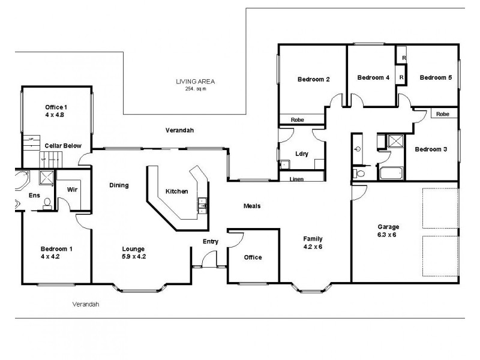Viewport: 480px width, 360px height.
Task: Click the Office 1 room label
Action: click(56, 106)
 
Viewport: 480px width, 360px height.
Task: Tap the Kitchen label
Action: click(177, 191)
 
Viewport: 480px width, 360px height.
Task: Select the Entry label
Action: click(210, 242)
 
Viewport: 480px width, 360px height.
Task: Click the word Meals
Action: click(251, 206)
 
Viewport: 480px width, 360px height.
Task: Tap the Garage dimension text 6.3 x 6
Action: click(388, 235)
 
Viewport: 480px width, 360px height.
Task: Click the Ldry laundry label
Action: click(301, 154)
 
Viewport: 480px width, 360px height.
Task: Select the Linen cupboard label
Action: click(296, 179)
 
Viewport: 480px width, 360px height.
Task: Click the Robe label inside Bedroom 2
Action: click(297, 120)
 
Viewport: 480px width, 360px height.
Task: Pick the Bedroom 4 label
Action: click(373, 77)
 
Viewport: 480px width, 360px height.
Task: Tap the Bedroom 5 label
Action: click(435, 77)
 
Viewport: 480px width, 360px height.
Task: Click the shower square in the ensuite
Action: click(45, 178)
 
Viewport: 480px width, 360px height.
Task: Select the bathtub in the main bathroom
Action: click(392, 175)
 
